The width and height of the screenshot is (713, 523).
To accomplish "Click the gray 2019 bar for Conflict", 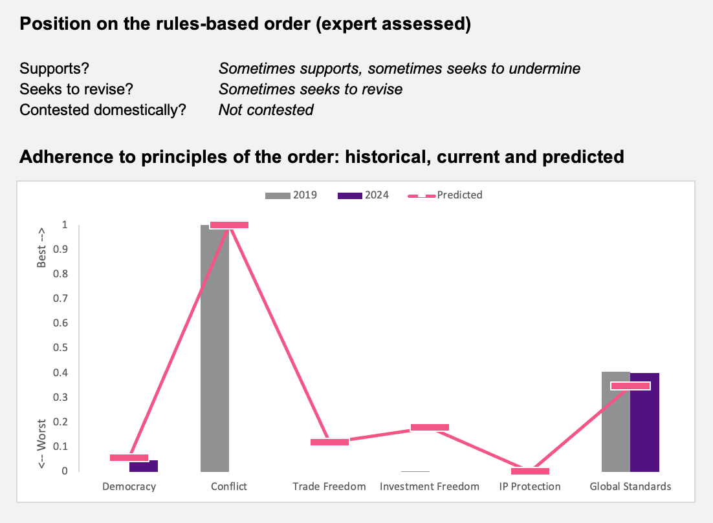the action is click(215, 348).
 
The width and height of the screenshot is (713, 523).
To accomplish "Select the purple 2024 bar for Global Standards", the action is click(644, 422).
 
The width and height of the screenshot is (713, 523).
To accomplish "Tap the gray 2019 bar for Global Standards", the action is click(616, 422).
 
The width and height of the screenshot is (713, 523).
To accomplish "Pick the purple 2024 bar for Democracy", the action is click(144, 466).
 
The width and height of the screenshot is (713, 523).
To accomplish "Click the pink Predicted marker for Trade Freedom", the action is click(330, 442).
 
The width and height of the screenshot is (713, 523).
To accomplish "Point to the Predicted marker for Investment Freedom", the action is click(430, 427).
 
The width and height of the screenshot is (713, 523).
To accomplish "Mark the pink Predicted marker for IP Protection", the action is click(530, 471).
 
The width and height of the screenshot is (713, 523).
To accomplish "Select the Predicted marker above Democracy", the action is click(129, 458).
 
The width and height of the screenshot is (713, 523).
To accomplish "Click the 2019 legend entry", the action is click(291, 195).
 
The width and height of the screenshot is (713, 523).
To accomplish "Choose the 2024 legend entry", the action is click(364, 195).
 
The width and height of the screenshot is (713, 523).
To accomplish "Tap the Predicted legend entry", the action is click(445, 195).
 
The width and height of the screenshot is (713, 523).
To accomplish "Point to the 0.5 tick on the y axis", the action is click(60, 348).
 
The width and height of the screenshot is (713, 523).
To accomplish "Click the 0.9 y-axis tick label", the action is click(60, 249).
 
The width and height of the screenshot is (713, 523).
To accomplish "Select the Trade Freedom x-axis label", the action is click(329, 487).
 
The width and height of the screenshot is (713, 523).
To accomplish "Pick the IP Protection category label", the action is click(530, 487).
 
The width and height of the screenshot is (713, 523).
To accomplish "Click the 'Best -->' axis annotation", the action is click(41, 248).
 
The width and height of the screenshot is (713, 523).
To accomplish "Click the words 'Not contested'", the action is click(266, 110).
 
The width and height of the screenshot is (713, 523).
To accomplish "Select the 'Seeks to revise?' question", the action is click(76, 89).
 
